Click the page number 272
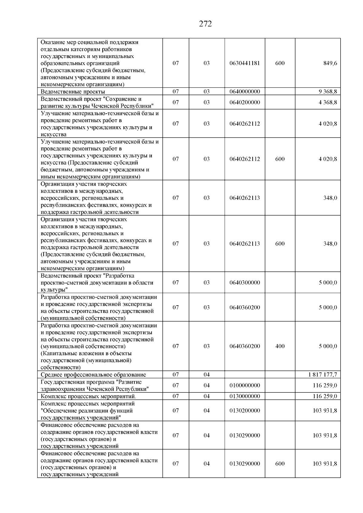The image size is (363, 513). click(x=205, y=24)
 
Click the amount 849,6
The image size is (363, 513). click(x=330, y=63)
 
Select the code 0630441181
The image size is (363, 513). click(x=244, y=63)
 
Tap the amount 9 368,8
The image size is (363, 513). click(x=328, y=92)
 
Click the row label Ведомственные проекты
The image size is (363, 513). click(x=73, y=92)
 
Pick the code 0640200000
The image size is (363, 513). click(x=244, y=102)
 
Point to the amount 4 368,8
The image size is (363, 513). click(x=328, y=102)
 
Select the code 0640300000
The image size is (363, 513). click(x=244, y=283)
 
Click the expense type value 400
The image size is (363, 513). click(x=280, y=346)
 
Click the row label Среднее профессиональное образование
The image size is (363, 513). click(x=93, y=375)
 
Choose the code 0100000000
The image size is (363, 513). click(x=244, y=385)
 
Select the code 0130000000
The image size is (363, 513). click(x=244, y=396)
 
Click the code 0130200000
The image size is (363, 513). click(x=244, y=411)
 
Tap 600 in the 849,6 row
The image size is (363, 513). click(x=280, y=63)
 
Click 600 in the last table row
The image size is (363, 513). click(x=280, y=464)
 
